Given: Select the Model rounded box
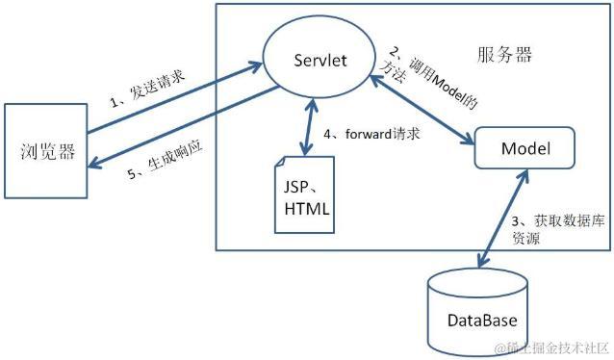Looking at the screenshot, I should point(524,150).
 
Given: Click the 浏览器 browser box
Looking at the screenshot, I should point(46,150).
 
